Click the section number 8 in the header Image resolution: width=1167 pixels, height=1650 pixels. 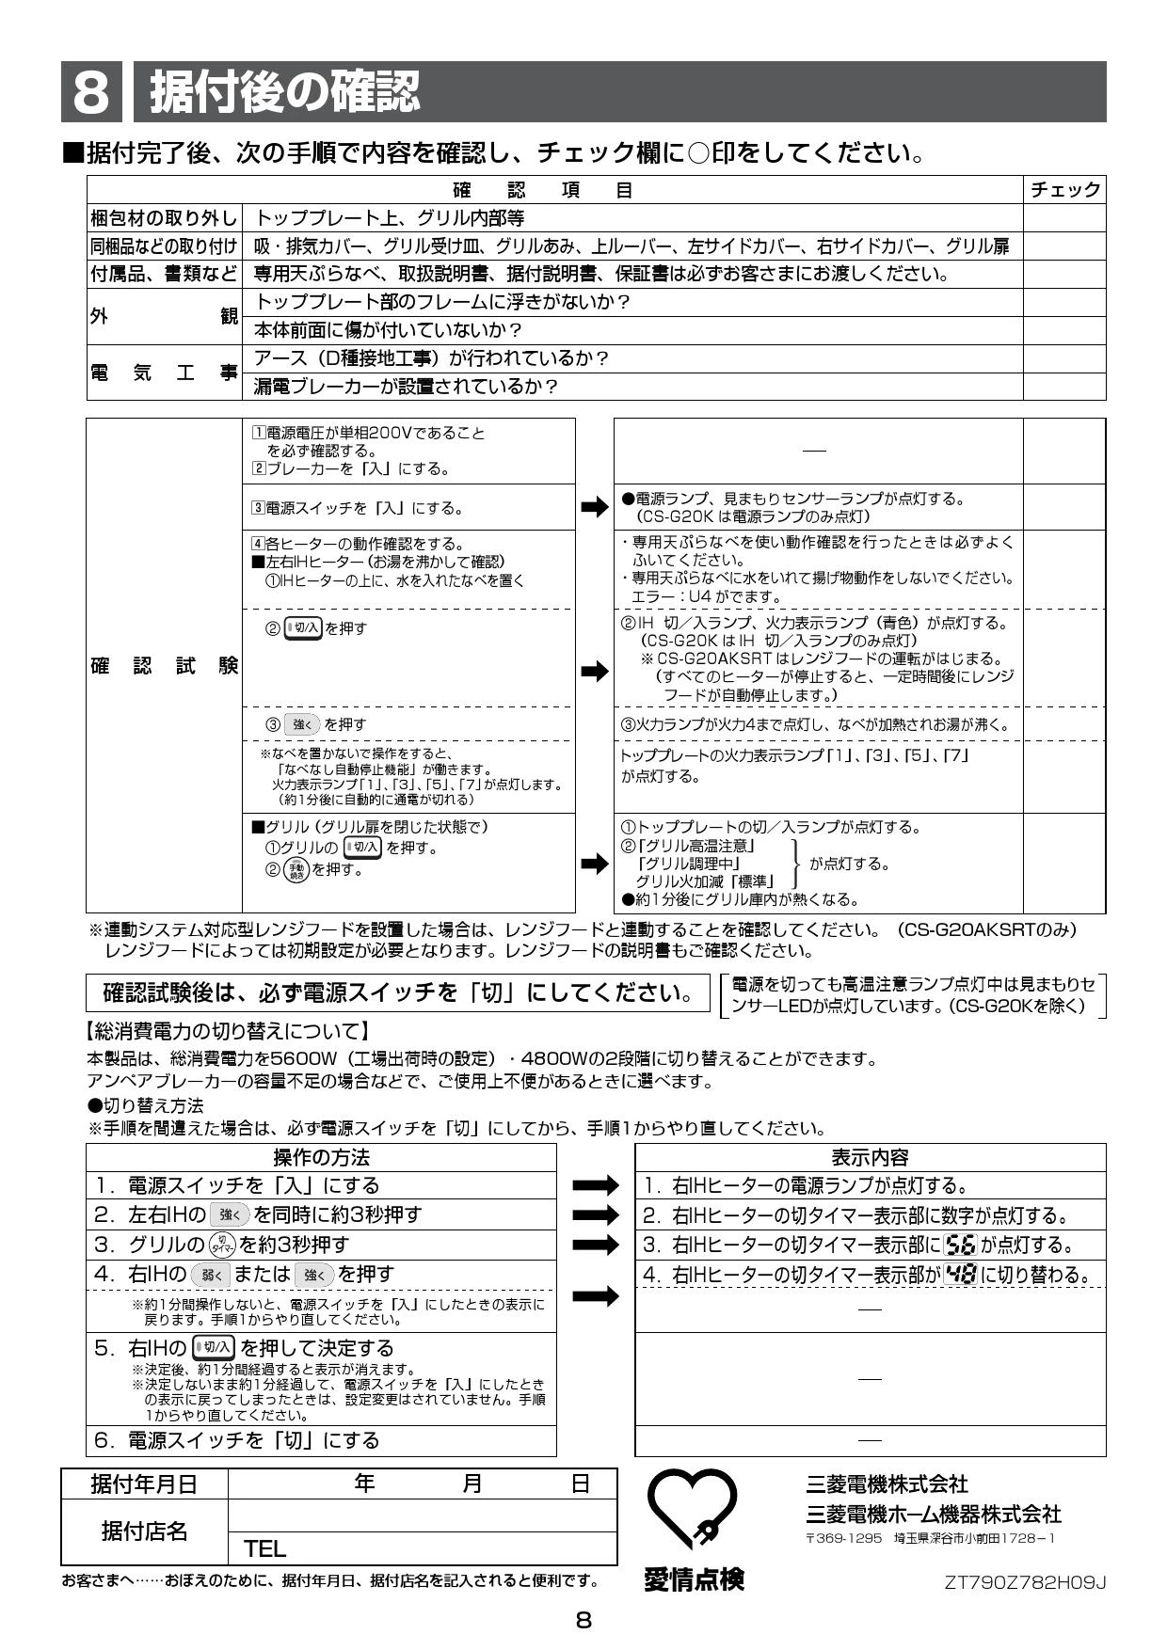90,92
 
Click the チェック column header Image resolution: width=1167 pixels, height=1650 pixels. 1064,190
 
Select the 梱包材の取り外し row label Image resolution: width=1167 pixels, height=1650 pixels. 165,218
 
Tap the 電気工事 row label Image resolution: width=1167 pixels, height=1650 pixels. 165,373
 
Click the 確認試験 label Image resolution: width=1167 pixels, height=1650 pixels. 165,666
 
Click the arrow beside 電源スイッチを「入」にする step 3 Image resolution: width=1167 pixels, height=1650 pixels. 595,508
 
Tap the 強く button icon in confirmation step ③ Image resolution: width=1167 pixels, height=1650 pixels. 302,724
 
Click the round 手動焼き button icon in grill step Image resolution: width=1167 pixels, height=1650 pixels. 296,869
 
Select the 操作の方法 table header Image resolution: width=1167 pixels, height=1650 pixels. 321,1157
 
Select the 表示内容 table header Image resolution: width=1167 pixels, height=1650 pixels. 870,1157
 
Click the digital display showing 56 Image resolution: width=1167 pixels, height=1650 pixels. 960,1245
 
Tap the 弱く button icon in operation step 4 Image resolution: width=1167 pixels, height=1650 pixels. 210,1276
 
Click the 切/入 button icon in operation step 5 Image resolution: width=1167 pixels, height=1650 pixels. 214,1348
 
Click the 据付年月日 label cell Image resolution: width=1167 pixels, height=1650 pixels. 144,1484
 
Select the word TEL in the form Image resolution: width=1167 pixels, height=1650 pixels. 264,1548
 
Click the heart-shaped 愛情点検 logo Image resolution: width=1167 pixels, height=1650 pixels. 694,1512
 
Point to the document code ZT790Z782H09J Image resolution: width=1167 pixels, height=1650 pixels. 1025,1582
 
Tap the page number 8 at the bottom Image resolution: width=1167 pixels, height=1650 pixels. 583,1620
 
